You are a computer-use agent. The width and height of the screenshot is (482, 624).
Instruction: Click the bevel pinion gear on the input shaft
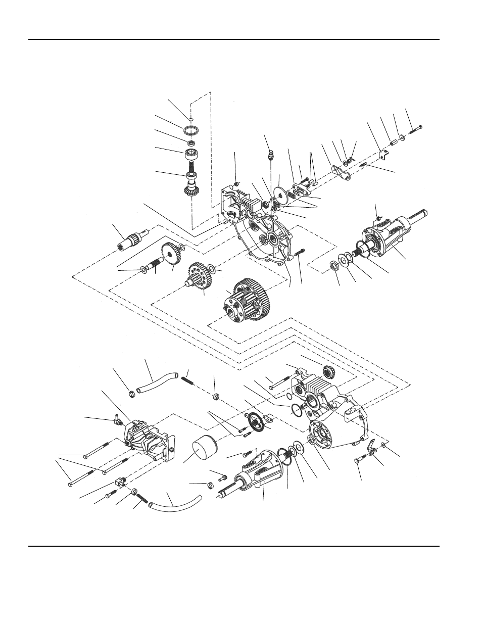(x=192, y=191)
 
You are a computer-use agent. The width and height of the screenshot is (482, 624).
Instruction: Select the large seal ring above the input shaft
(x=190, y=130)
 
